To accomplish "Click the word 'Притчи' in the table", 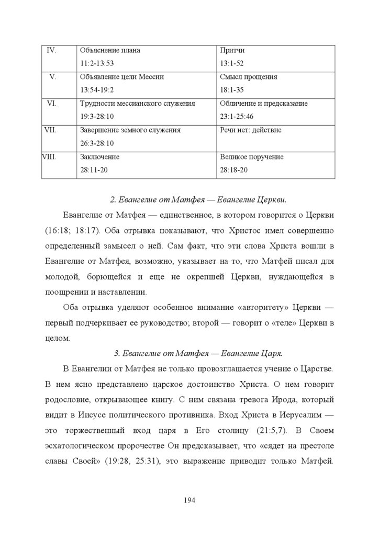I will coord(232,50).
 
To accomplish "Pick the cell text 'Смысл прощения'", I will coord(249,77).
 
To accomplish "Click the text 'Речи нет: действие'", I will coord(251,130).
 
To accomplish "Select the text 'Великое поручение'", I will coord(252,157).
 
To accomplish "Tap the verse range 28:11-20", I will coord(95,170).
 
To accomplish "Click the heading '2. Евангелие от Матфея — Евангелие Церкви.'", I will coord(199,201).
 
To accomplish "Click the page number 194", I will coord(189,500).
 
